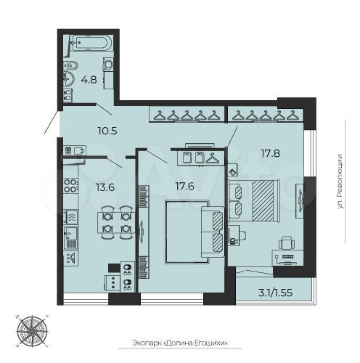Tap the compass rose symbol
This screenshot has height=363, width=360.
tap(32, 330)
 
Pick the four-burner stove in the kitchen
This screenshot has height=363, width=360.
tap(71, 187)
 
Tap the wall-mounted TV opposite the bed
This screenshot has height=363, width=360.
tap(298, 197)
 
